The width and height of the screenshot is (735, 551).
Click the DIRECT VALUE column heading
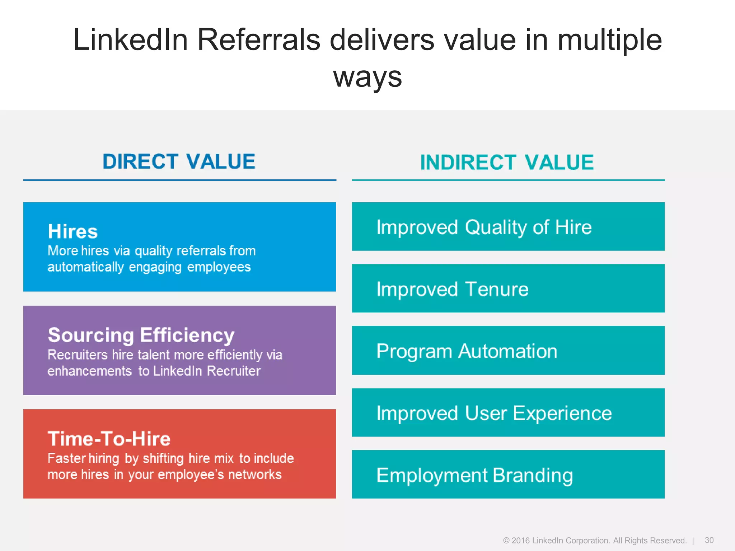[x=179, y=161]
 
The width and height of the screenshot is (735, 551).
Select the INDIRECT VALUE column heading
[x=507, y=163]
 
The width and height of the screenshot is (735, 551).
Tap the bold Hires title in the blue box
[x=73, y=231]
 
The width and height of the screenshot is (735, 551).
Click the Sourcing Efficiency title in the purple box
[x=141, y=335]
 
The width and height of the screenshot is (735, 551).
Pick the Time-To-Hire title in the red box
[x=109, y=439]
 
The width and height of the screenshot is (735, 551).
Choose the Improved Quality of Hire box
[x=508, y=227]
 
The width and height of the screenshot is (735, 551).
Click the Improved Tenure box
[x=508, y=288]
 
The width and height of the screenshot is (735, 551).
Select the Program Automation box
[x=508, y=351]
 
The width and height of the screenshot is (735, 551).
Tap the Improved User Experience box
[x=508, y=413]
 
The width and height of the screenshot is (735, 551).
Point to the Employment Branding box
[x=508, y=475]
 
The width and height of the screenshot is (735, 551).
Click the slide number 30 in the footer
[x=709, y=540]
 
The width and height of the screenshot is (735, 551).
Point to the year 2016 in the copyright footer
[x=520, y=541]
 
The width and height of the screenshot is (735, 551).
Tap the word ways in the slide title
[x=367, y=77]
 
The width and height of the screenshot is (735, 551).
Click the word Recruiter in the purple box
[x=234, y=371]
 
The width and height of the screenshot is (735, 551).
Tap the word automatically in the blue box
[x=86, y=267]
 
